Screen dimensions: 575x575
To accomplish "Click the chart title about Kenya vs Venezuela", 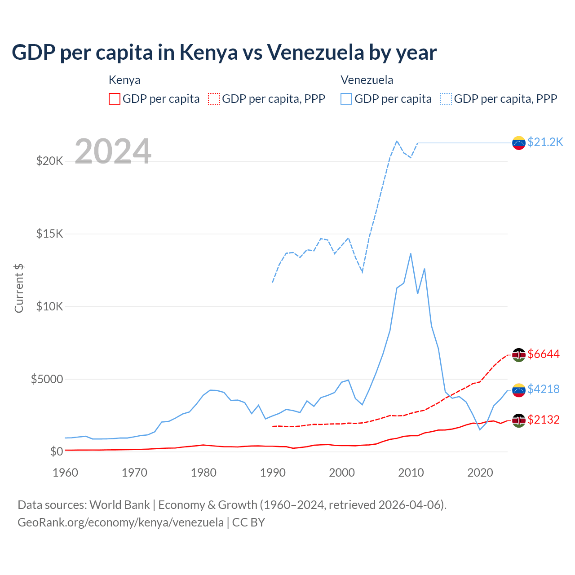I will click(224, 53).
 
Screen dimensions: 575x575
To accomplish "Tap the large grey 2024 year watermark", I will click(113, 151).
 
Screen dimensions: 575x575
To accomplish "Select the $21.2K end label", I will click(545, 142).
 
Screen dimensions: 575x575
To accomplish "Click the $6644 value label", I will click(544, 354).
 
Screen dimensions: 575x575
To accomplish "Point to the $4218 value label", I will click(544, 389).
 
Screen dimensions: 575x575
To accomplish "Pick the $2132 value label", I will click(544, 420).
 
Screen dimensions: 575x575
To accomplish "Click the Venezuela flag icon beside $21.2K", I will click(519, 143).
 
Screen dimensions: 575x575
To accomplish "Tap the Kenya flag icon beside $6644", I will click(519, 355).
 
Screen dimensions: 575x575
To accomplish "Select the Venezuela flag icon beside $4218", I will click(519, 390).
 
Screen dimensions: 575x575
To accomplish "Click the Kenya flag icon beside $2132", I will click(519, 420).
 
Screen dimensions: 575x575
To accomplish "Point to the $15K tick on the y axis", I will click(50, 234).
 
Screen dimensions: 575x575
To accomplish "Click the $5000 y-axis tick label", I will click(47, 379).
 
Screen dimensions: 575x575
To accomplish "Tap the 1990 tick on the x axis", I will click(273, 473).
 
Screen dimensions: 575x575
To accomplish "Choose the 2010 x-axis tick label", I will click(411, 473).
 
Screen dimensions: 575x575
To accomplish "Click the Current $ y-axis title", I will click(19, 288).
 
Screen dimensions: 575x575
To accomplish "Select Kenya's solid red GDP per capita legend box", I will click(115, 99).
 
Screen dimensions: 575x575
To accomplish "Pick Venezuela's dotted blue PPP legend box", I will click(446, 99).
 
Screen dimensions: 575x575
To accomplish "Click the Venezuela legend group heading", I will click(367, 80).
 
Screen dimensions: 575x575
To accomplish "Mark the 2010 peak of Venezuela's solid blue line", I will click(411, 254).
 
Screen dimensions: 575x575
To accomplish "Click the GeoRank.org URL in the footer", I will click(120, 522).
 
